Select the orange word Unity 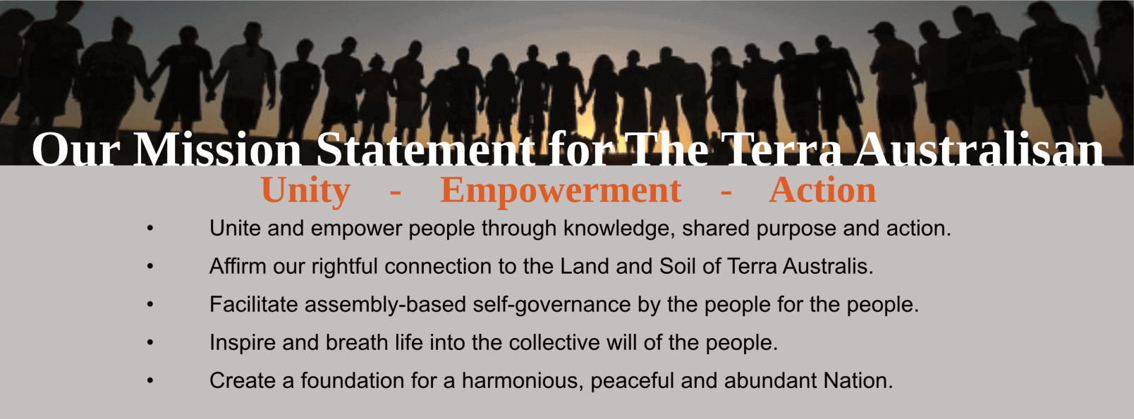click(x=305, y=191)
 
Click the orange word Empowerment click(x=561, y=191)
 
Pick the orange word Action click(x=822, y=190)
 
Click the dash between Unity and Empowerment click(x=396, y=192)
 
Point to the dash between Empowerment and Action click(x=726, y=192)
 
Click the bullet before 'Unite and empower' click(x=150, y=228)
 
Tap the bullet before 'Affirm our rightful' click(x=150, y=266)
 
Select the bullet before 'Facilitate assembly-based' click(x=150, y=304)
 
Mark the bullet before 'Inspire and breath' click(x=150, y=343)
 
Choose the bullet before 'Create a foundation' click(x=150, y=380)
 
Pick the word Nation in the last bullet click(x=858, y=380)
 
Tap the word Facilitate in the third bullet click(x=254, y=304)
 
